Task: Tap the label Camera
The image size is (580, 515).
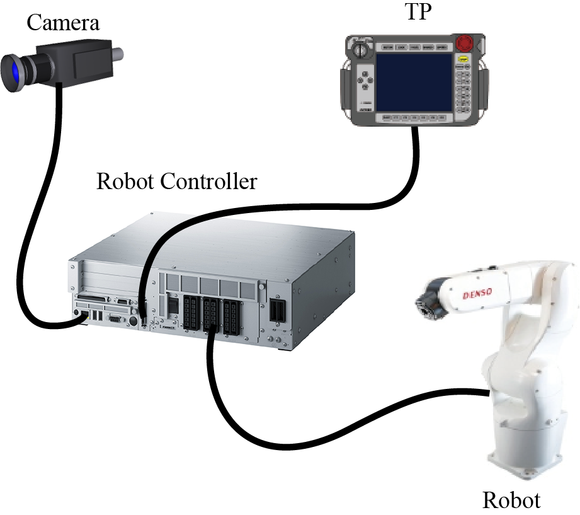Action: click(x=64, y=23)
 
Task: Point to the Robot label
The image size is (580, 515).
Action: click(x=511, y=500)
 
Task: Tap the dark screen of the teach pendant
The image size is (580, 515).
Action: click(x=414, y=83)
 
